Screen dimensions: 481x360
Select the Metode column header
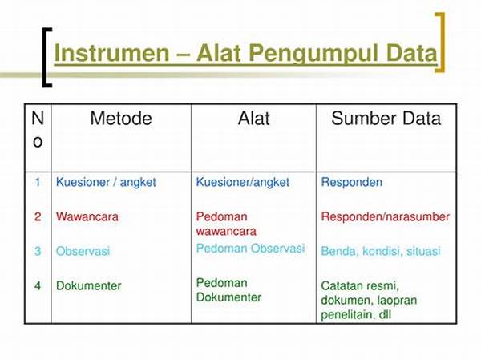(x=121, y=119)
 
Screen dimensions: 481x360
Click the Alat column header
(x=253, y=119)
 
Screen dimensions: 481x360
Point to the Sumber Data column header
(x=386, y=119)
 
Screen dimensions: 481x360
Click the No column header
(x=38, y=130)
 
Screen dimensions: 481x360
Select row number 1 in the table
(x=38, y=182)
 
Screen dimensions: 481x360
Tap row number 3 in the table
(x=38, y=251)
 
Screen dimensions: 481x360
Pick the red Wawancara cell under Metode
(x=87, y=217)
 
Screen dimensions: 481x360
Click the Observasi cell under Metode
(x=83, y=251)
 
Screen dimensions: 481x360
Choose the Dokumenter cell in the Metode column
(x=89, y=286)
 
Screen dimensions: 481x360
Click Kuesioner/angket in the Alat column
(x=243, y=183)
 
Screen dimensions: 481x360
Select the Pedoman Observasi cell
(x=250, y=249)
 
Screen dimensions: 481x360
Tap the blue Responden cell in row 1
(x=352, y=183)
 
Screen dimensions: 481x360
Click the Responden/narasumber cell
(x=386, y=217)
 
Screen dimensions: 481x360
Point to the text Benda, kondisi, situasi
(x=381, y=251)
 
